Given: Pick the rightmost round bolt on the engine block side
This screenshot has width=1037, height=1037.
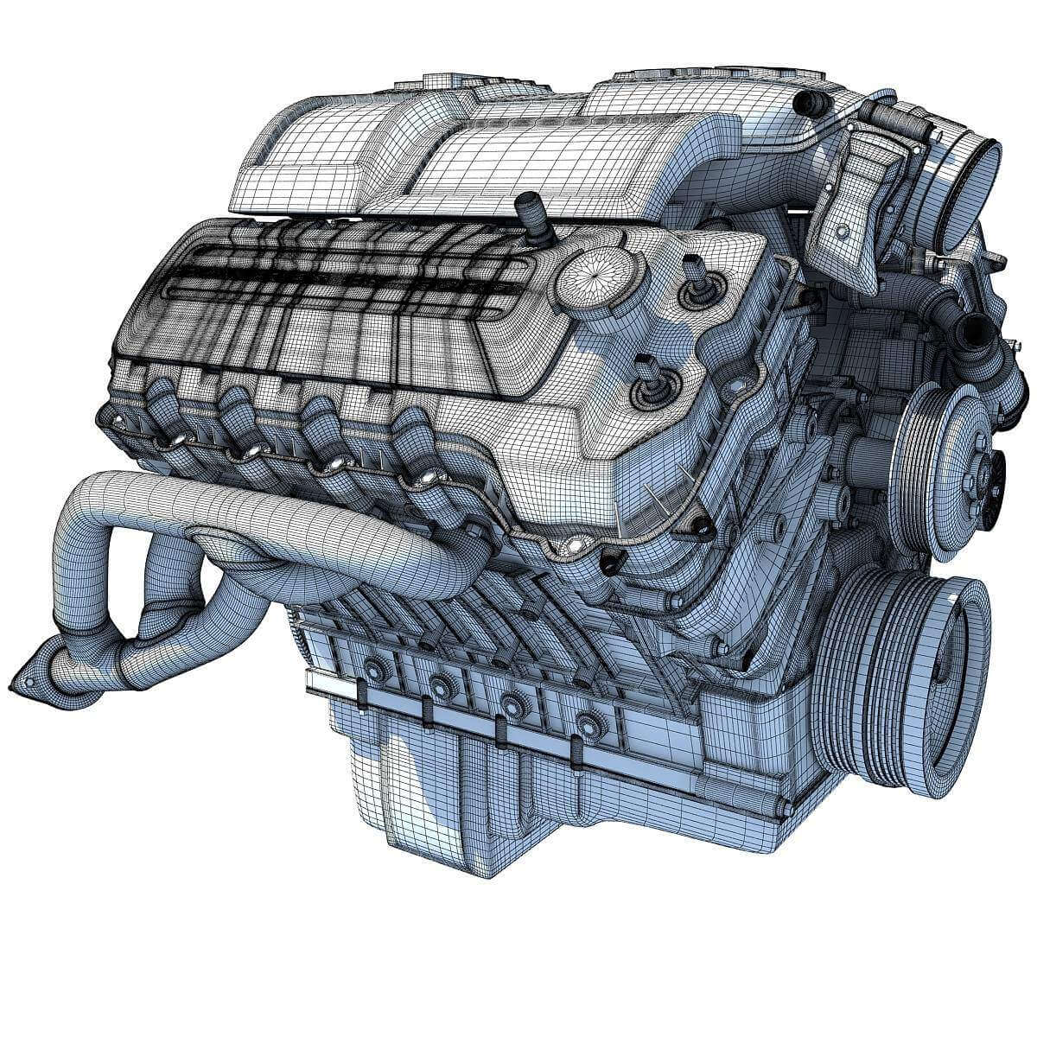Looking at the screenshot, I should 590,720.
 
